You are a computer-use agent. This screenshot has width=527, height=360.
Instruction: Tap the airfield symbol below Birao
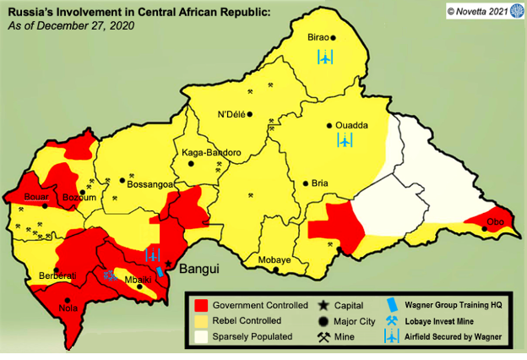click(324, 57)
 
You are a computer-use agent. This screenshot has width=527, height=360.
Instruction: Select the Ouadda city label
click(351, 125)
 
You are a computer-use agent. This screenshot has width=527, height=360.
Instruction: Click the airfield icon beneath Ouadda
click(344, 140)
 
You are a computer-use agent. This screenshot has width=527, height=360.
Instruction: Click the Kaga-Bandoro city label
click(211, 153)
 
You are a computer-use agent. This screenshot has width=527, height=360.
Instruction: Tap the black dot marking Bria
click(305, 183)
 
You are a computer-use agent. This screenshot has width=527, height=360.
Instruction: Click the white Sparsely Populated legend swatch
click(201, 336)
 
